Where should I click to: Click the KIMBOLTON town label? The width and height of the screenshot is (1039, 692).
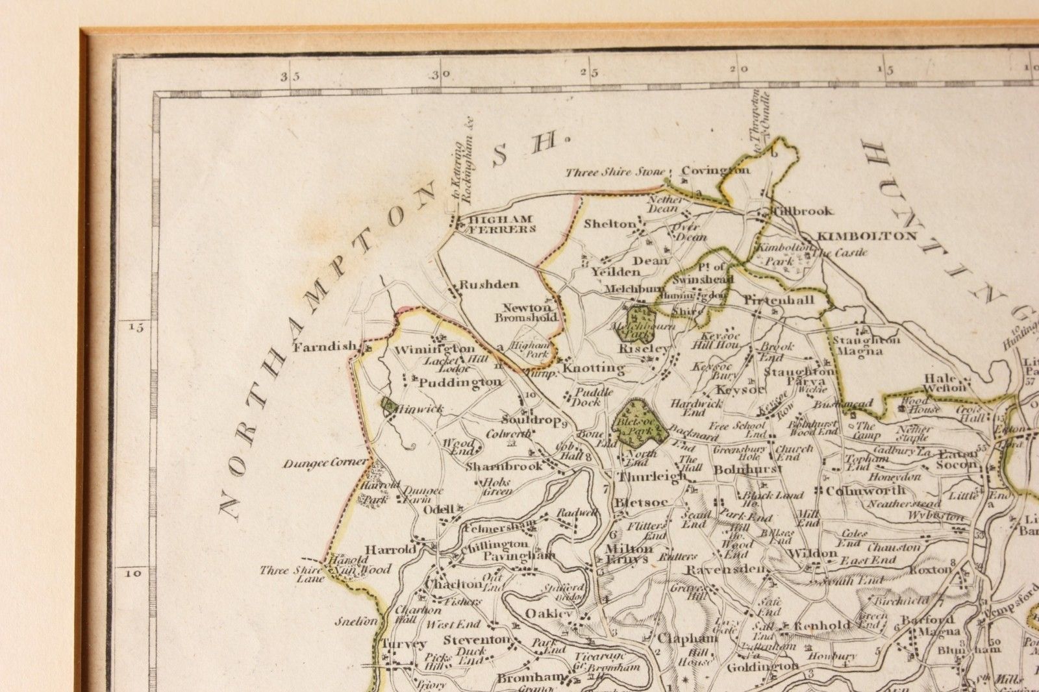[x=866, y=236]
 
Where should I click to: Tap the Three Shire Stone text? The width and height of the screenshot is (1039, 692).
[x=615, y=172]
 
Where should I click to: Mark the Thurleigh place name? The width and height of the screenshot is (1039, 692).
[x=651, y=476]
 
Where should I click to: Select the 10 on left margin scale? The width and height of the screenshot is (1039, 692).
[x=133, y=573]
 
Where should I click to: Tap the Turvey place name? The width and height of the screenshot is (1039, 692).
[x=404, y=644]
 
